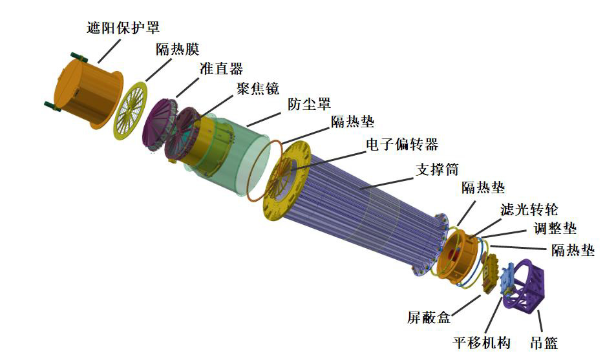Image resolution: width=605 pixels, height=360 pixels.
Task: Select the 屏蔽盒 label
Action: click(x=429, y=318)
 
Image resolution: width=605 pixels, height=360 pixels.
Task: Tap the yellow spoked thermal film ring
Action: click(x=137, y=110)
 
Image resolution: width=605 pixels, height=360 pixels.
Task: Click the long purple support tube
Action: click(x=362, y=207)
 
